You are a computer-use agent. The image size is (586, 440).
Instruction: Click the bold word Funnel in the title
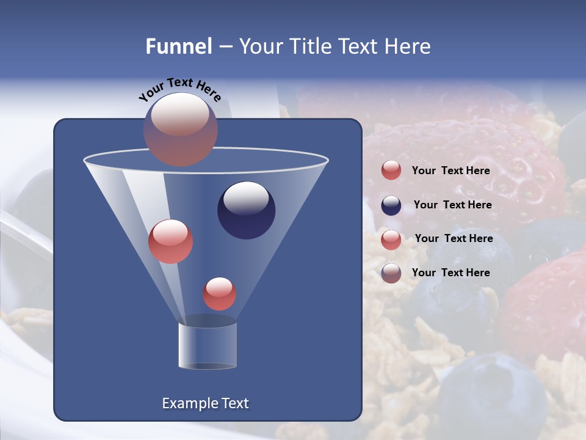coord(178,46)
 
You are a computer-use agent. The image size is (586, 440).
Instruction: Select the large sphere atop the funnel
coord(180,130)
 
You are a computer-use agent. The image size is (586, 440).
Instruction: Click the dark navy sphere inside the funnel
coord(246,211)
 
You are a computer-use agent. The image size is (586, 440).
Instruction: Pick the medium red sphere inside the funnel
coord(170,241)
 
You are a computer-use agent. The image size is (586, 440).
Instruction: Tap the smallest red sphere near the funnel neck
coord(219,294)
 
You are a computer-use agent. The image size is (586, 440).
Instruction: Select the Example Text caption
coord(205,403)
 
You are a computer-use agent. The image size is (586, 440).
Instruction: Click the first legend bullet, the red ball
coord(391,170)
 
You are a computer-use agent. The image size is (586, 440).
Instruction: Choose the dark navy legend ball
coord(391,205)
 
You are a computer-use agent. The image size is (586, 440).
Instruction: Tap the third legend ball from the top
coord(391,239)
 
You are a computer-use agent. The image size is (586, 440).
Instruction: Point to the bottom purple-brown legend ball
coord(391,273)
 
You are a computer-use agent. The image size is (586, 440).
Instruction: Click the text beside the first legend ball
coord(450,171)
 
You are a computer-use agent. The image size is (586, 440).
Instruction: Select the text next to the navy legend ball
coord(452,205)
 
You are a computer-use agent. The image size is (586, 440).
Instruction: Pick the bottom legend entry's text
coord(450,273)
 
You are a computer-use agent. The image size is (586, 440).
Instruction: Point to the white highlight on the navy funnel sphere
coord(246,198)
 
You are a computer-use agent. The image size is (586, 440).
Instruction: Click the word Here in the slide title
coord(408,46)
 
